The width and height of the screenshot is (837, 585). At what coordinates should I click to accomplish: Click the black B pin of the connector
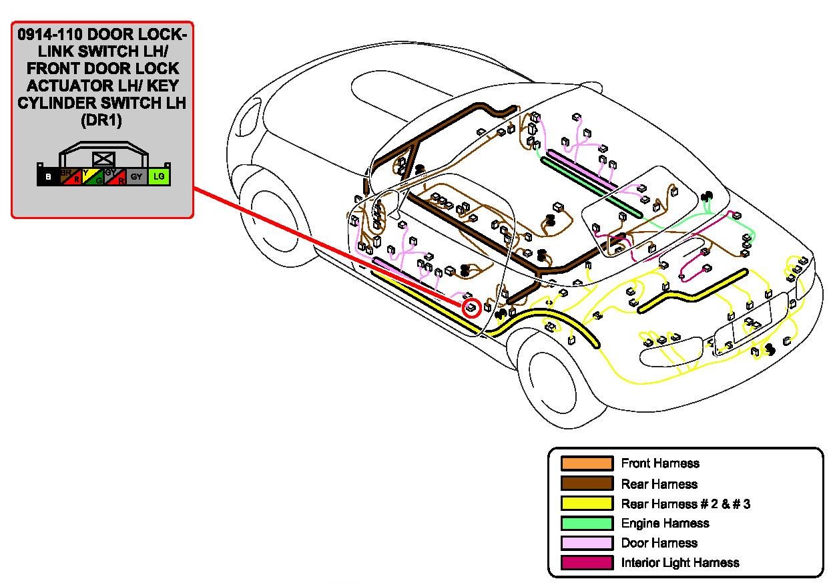pos(47,177)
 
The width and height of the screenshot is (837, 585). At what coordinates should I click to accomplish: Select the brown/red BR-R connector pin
pos(70,177)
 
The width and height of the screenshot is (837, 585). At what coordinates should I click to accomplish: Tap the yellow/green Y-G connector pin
pos(92,177)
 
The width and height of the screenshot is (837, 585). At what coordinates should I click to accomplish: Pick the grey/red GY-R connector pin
pos(115,177)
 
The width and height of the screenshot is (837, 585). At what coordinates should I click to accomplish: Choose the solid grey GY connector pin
pos(137,177)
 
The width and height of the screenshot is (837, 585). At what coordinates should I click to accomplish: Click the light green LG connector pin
pos(159,177)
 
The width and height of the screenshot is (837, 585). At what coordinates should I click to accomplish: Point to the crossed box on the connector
pos(103,159)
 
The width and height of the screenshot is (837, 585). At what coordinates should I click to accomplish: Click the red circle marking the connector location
pos(471,307)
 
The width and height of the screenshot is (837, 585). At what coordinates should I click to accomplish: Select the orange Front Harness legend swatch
pos(587,463)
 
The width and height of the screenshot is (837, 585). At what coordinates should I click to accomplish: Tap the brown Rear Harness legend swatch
pos(587,483)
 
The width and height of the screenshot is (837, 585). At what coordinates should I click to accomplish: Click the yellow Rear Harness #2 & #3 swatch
pos(587,504)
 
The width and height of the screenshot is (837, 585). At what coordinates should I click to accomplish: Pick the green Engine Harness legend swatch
pos(587,523)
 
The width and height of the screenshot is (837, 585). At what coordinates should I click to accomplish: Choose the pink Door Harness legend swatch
pos(587,543)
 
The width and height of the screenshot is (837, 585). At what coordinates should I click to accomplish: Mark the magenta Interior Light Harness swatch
pos(587,563)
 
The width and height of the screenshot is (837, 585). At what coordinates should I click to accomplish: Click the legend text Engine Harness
pos(665,524)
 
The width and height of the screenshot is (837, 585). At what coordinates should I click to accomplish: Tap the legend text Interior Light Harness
pos(679,563)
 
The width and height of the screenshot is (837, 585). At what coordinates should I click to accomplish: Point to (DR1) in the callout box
pos(102,121)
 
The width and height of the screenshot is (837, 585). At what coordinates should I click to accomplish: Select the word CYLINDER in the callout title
pos(63,104)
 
